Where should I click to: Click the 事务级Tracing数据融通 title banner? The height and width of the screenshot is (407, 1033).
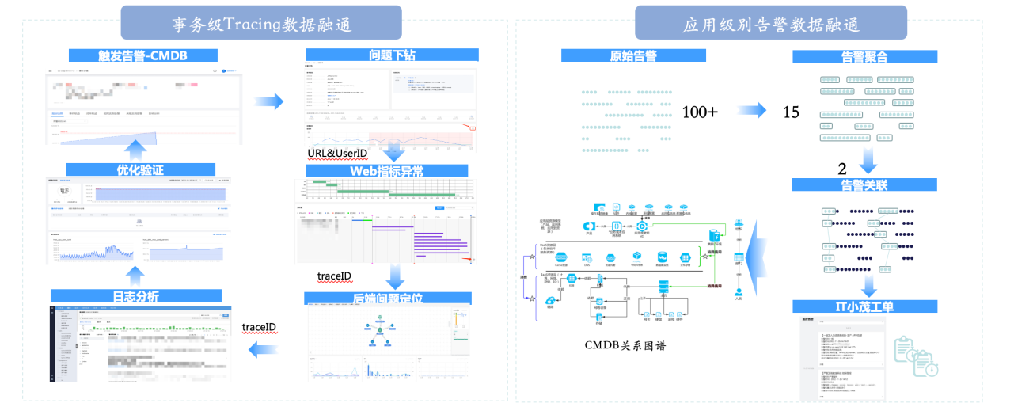[260, 23]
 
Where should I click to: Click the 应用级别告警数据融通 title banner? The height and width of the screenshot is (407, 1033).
[772, 23]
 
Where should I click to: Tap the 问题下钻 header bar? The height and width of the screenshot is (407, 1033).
[392, 55]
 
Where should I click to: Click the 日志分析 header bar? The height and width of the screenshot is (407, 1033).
[136, 296]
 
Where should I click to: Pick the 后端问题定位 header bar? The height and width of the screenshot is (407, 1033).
[387, 299]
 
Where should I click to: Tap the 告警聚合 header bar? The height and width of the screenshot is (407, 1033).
[864, 57]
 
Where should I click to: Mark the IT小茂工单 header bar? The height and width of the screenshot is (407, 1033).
[864, 306]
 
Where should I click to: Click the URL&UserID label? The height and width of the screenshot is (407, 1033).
[338, 152]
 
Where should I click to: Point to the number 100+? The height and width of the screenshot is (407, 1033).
[700, 112]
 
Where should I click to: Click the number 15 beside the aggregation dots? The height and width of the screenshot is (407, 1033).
[792, 112]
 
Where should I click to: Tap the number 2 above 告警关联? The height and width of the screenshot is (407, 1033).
[842, 168]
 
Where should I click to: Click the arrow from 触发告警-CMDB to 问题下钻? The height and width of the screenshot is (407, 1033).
[269, 101]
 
